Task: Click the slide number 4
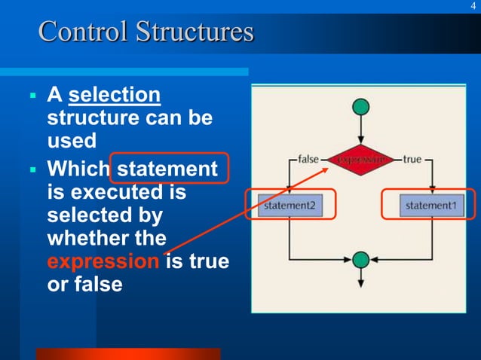click(x=473, y=7)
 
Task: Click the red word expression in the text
click(x=103, y=262)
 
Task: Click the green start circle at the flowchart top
click(x=361, y=108)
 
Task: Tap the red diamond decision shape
click(x=361, y=160)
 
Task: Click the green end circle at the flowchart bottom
click(x=361, y=259)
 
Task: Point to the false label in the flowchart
click(x=308, y=160)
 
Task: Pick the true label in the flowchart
click(x=412, y=160)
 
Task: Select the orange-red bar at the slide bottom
click(x=127, y=354)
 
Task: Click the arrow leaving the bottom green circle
click(x=361, y=277)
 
